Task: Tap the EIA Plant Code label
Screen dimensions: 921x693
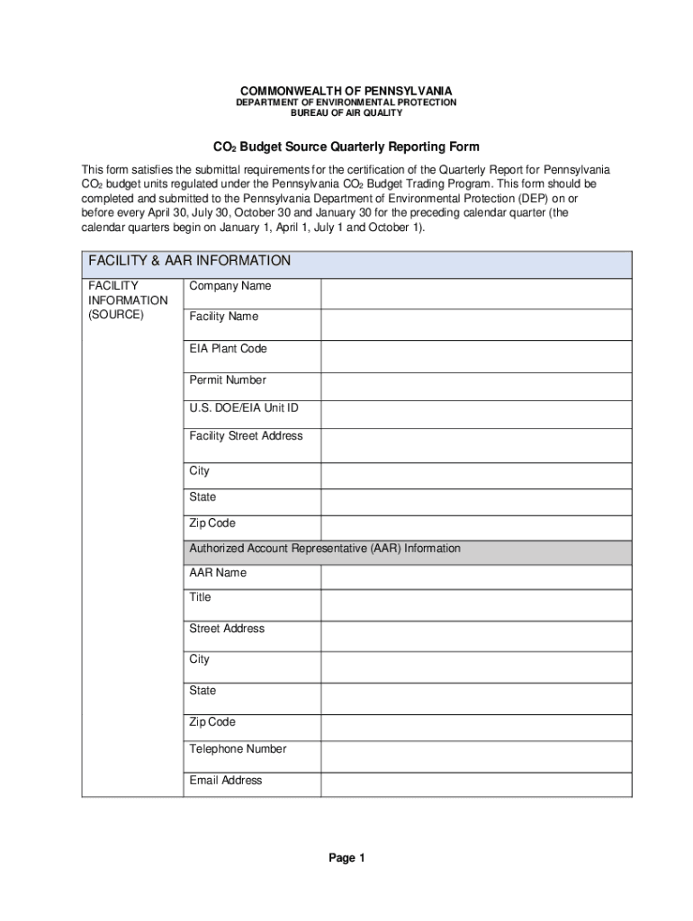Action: click(x=228, y=349)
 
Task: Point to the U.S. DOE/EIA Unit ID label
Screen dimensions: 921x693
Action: click(x=243, y=408)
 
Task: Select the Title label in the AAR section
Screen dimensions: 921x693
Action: click(x=200, y=597)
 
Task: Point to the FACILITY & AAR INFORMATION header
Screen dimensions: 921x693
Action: click(x=189, y=261)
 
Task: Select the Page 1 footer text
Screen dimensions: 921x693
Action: click(x=346, y=858)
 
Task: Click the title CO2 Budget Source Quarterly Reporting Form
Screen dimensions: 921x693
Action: click(x=346, y=147)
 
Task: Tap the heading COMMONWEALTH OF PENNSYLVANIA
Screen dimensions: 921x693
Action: click(x=346, y=91)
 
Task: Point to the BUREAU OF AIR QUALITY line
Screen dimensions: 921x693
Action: click(x=346, y=114)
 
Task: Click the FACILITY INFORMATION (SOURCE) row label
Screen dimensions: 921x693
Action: click(x=127, y=300)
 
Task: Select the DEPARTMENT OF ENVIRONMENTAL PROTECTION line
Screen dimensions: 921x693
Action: click(x=346, y=103)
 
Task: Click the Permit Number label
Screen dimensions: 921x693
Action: click(x=228, y=380)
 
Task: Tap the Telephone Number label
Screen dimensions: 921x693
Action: click(x=238, y=749)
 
